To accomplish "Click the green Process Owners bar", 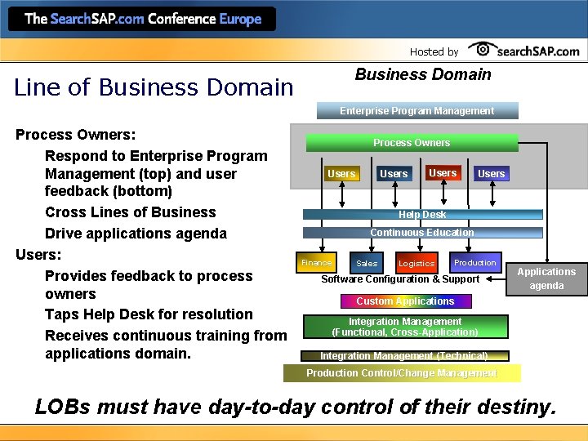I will tap(412, 143).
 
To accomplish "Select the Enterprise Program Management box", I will tap(416, 110).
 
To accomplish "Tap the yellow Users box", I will tap(341, 173).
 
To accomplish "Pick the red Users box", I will tap(443, 172).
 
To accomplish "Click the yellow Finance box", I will tap(316, 262).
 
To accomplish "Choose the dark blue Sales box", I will tap(367, 263).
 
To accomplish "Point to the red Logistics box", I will tap(416, 263).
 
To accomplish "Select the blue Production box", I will tap(474, 262).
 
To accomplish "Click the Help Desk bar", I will tap(422, 215).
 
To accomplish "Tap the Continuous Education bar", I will tap(422, 233).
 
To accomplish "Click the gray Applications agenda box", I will tap(546, 278).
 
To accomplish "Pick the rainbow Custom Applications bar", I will tap(405, 301).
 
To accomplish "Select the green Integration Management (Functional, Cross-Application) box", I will tap(405, 327).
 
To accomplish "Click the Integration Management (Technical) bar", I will tap(403, 356).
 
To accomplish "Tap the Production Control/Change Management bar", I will tap(401, 373).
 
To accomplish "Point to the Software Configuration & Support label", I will tap(400, 279).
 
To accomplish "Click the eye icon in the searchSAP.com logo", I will tap(483, 50).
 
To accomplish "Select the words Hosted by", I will tap(434, 51).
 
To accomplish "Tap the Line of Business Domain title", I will tap(154, 87).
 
